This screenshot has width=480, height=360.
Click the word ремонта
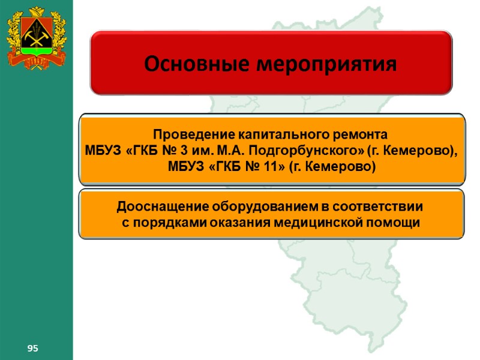click(367, 133)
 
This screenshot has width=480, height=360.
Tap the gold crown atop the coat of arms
click(37, 11)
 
